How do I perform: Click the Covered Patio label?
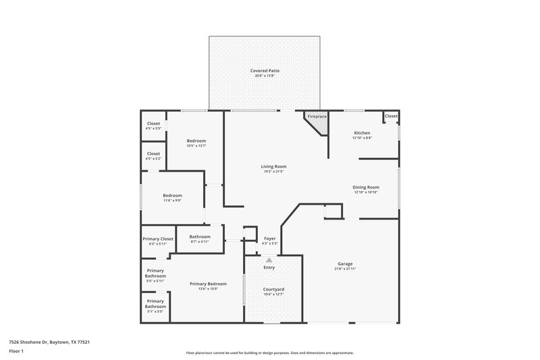click(x=265, y=70)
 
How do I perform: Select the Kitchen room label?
click(x=362, y=133)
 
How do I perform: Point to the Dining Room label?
click(x=366, y=187)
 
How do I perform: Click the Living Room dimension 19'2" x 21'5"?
click(x=274, y=172)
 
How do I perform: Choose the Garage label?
click(x=345, y=263)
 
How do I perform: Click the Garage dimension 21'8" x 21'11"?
click(x=345, y=269)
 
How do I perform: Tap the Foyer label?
click(x=269, y=238)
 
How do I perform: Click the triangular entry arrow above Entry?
click(x=269, y=259)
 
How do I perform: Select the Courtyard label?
click(x=273, y=288)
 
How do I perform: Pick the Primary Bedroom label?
click(x=208, y=284)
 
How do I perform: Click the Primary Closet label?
click(x=158, y=238)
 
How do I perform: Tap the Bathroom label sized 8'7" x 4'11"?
click(x=200, y=236)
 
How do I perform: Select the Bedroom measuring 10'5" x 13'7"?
click(x=196, y=140)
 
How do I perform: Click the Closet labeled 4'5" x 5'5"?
click(x=153, y=123)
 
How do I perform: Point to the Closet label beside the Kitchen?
click(x=391, y=116)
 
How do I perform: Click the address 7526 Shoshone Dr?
click(x=49, y=342)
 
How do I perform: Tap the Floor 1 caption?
click(x=16, y=352)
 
